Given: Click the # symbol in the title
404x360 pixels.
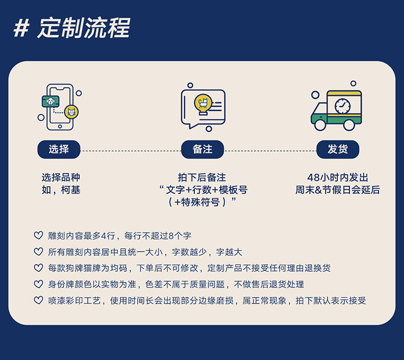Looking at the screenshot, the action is point(22,29).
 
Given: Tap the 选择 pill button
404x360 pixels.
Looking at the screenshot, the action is point(59,149).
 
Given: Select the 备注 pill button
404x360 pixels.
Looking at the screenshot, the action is point(203,149).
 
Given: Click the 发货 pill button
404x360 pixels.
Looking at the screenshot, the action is point(338,149).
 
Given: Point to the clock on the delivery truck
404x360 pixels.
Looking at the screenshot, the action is point(343,106).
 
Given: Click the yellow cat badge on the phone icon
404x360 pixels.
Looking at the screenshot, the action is point(71,112).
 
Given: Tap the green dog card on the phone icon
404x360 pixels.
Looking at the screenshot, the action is point(51,101).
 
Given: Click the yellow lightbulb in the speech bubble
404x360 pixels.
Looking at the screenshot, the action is point(203,104).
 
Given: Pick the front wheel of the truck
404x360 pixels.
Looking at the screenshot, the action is point(321,124).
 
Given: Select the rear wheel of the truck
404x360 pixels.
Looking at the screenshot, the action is point(349,124).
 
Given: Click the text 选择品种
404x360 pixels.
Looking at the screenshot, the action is point(61,177).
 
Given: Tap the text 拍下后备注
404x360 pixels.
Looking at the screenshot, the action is point(202,177).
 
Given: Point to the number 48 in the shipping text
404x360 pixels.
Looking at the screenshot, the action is point(314,178).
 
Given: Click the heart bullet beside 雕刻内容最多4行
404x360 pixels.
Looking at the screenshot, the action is point(38,235).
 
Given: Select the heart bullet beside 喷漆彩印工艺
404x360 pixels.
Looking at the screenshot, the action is point(38,300).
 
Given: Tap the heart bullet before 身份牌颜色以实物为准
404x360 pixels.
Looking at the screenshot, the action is point(38,284).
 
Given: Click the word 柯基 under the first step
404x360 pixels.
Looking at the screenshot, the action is point(71,190).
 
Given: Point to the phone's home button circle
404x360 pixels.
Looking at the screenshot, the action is point(60,126).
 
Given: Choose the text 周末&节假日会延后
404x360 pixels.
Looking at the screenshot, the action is point(338,190).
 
